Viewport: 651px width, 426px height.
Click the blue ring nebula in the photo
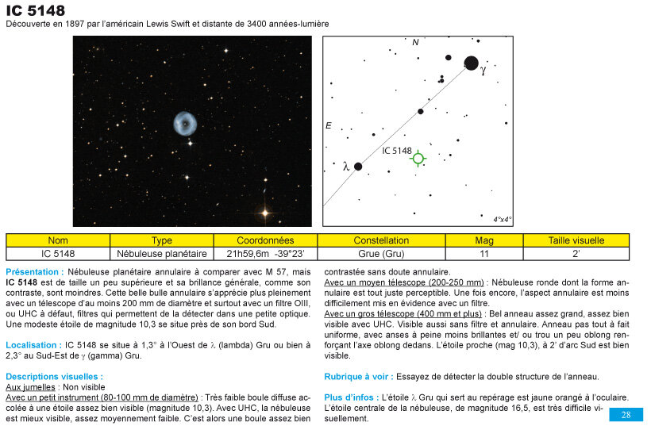pos(185,123)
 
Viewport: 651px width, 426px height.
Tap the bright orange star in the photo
pos(264,213)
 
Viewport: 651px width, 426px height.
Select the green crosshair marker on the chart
pos(418,158)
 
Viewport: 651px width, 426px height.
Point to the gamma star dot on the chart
pos(471,63)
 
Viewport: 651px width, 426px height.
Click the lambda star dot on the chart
pos(358,167)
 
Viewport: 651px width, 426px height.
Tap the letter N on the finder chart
pos(415,42)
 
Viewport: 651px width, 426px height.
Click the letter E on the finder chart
pos(328,125)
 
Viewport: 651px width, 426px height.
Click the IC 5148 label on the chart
pos(395,151)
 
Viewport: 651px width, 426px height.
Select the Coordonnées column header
pos(265,240)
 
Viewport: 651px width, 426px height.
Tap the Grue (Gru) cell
pos(381,254)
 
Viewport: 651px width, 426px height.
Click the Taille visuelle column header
pos(576,240)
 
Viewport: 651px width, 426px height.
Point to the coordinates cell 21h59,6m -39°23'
pos(265,254)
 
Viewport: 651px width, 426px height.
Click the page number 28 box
pos(626,415)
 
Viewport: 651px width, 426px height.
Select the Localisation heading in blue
pos(34,345)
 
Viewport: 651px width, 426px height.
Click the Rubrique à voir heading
pos(357,376)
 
